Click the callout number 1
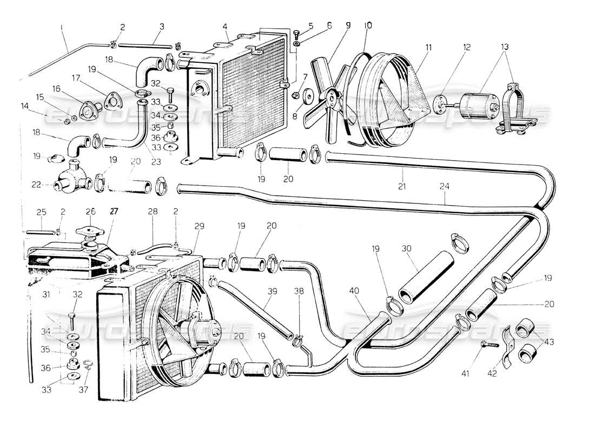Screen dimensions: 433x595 (x=63, y=27)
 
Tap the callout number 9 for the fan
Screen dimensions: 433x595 (x=348, y=25)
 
